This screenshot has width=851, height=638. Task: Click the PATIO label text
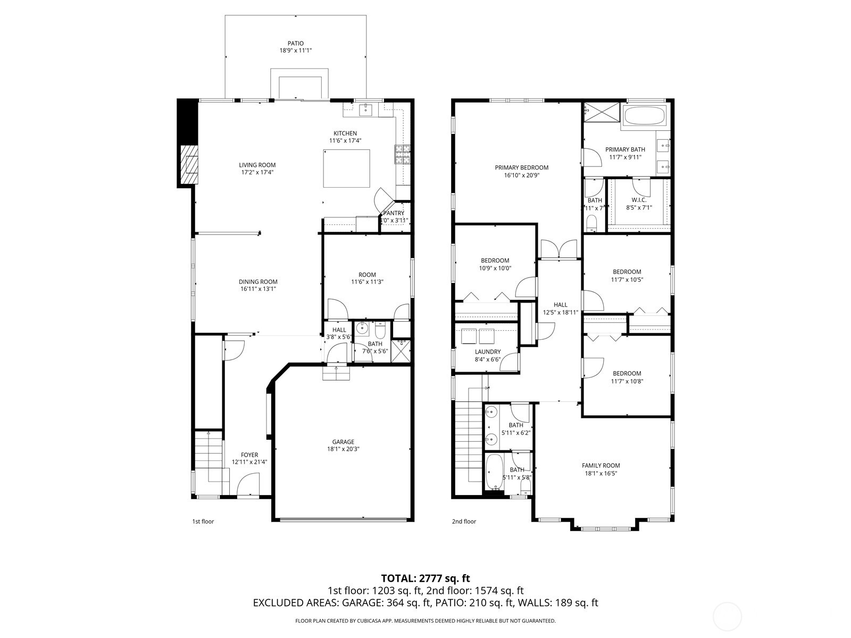click(296, 44)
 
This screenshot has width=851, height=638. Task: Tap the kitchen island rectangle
click(347, 168)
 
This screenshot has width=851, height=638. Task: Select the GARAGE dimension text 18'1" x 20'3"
click(343, 449)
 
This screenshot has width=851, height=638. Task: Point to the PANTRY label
click(394, 213)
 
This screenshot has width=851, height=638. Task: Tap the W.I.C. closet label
click(638, 200)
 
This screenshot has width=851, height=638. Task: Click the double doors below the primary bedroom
click(558, 249)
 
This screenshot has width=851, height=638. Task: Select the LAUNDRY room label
click(488, 352)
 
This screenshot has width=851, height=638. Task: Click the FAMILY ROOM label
click(600, 465)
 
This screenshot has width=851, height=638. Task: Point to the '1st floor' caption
click(203, 522)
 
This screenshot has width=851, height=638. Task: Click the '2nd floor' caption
click(464, 522)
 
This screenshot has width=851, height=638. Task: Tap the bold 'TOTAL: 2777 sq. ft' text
click(425, 578)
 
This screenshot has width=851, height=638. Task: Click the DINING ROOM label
click(258, 282)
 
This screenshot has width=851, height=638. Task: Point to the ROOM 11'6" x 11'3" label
click(367, 275)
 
